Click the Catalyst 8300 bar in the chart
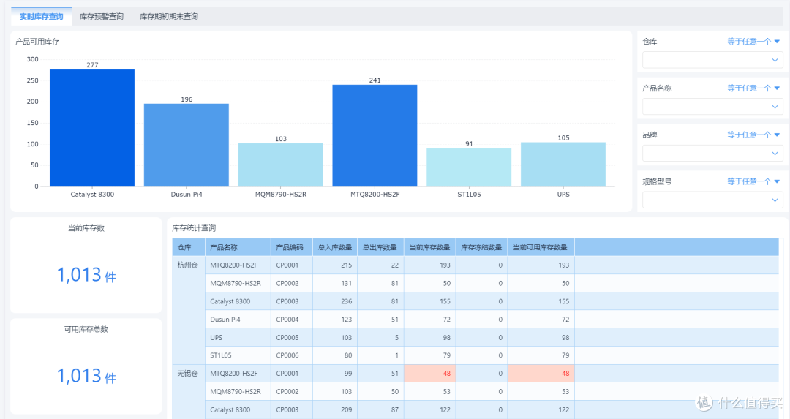click(x=92, y=128)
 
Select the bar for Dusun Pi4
click(x=187, y=145)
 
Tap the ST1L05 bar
click(x=469, y=167)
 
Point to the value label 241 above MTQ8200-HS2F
click(x=375, y=80)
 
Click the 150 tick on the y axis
click(x=33, y=123)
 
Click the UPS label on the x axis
click(x=563, y=195)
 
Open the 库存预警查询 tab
click(x=101, y=17)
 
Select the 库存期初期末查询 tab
click(x=169, y=17)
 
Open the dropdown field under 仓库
click(x=712, y=60)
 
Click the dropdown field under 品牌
click(x=712, y=153)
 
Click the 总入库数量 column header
click(x=335, y=247)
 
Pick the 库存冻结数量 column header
click(x=481, y=247)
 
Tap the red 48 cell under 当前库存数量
click(x=430, y=374)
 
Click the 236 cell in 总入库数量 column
click(x=335, y=301)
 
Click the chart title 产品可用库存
click(x=37, y=42)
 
